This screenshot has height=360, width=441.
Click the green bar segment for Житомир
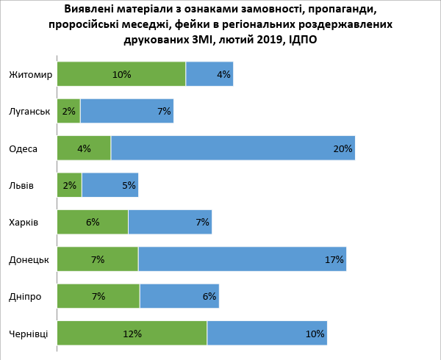pos(121,74)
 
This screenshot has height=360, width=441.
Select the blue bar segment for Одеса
pos(233,148)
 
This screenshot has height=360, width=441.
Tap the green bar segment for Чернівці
pos(132,333)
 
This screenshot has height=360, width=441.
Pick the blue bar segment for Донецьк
pos(242,259)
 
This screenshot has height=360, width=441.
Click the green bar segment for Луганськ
pos(69,111)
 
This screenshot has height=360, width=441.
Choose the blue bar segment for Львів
pos(110,185)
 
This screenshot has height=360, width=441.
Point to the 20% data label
pos(343,148)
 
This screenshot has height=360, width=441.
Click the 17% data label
pos(334,259)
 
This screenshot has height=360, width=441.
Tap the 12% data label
pos(132,334)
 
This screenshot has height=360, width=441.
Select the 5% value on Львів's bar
pos(129,185)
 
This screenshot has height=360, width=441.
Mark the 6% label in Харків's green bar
pos(93,223)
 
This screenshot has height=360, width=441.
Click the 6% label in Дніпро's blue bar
pos(209,296)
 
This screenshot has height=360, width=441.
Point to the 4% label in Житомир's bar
pos(223,74)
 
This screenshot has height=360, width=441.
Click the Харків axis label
pos(24,223)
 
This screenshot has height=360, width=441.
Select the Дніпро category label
pos(25,297)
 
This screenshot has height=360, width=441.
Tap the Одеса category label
pos(23,148)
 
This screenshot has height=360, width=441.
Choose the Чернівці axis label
pos(29,334)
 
